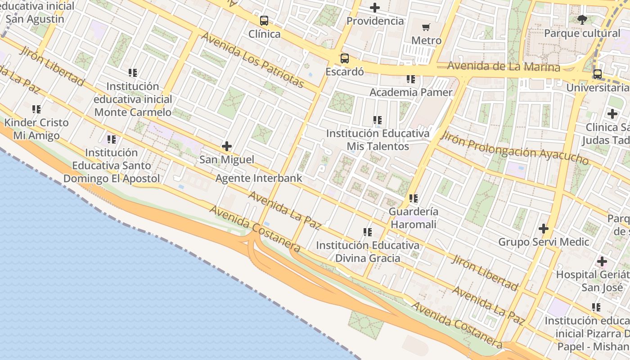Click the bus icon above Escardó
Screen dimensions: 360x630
coord(344,58)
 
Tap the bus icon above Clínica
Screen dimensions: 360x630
coord(264,21)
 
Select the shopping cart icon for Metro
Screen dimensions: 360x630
coord(426,27)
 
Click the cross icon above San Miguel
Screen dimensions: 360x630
coord(227,146)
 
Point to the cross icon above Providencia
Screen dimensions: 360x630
coord(374,8)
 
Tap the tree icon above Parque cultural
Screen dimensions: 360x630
coord(582,19)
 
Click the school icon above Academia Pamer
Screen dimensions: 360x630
coord(411,79)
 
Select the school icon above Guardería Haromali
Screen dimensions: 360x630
coord(414,198)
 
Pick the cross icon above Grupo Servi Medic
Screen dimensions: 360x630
coord(544,229)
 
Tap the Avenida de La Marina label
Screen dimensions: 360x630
coord(504,67)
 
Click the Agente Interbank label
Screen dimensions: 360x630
coord(259,178)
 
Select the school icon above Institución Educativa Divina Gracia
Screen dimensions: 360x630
coord(368,232)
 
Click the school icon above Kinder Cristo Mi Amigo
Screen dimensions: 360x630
coord(36,109)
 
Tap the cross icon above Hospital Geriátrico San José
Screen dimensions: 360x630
coord(602,261)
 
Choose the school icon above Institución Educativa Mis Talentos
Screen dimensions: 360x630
coord(378,120)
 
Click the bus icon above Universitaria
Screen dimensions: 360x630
coord(598,74)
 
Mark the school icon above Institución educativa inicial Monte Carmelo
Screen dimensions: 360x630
coord(133,72)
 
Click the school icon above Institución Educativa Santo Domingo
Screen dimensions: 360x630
coord(112,139)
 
